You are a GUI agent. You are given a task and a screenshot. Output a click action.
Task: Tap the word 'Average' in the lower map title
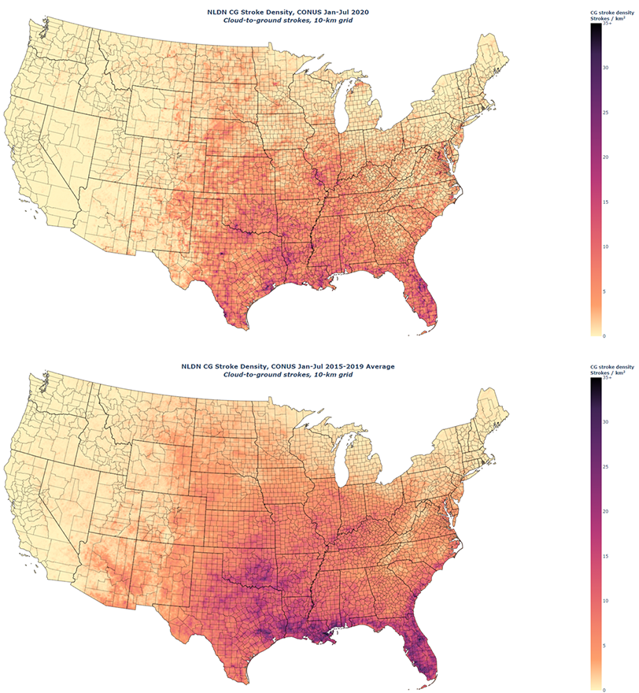(376, 367)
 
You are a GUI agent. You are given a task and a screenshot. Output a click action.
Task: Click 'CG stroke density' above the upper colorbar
(611, 13)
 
